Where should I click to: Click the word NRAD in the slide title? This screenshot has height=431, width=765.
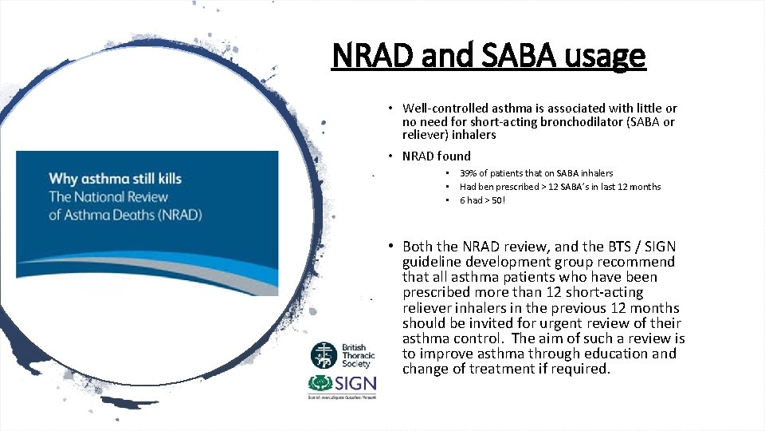(x=372, y=56)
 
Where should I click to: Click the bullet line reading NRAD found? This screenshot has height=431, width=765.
(x=436, y=156)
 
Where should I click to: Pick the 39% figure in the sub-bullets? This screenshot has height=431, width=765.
(x=469, y=173)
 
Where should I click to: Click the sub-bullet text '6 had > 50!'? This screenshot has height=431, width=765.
(x=482, y=200)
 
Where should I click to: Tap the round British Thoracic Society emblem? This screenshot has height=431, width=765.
(x=324, y=354)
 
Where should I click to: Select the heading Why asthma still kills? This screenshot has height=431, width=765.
(x=115, y=178)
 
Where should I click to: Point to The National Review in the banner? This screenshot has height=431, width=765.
(x=108, y=196)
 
